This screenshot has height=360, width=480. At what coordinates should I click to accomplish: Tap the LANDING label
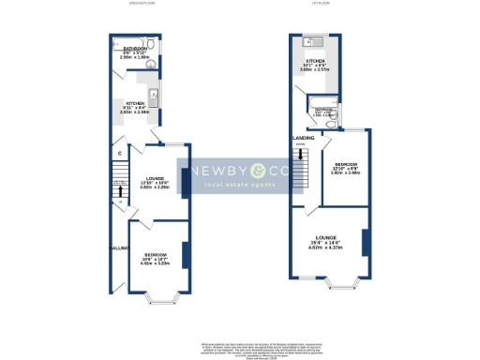(303, 138)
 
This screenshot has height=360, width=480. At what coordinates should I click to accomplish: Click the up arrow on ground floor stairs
(120, 200)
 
